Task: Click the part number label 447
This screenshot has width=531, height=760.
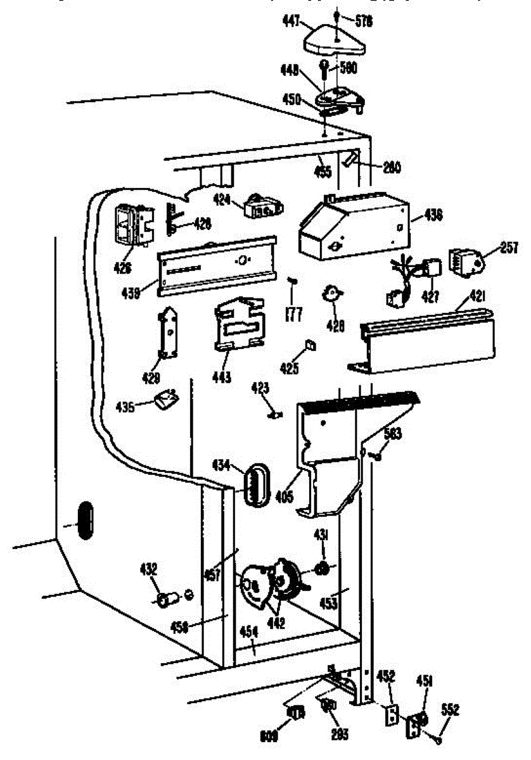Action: (291, 23)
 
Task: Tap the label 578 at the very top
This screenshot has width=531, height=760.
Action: (364, 21)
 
